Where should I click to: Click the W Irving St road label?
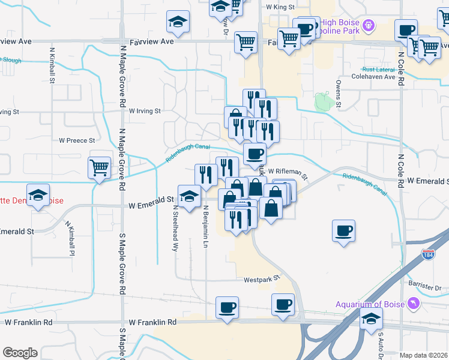click(139, 111)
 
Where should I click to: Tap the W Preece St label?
click(77, 140)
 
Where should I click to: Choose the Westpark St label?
click(262, 279)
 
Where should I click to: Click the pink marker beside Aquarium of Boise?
click(414, 305)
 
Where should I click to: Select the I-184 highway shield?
click(429, 254)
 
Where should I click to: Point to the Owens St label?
click(339, 94)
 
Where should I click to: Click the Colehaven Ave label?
click(373, 77)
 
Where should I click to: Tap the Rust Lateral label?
click(378, 69)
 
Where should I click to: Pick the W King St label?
click(280, 7)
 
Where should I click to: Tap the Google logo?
click(20, 352)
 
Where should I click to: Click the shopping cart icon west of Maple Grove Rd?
click(99, 168)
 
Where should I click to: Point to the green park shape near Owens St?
click(322, 101)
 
